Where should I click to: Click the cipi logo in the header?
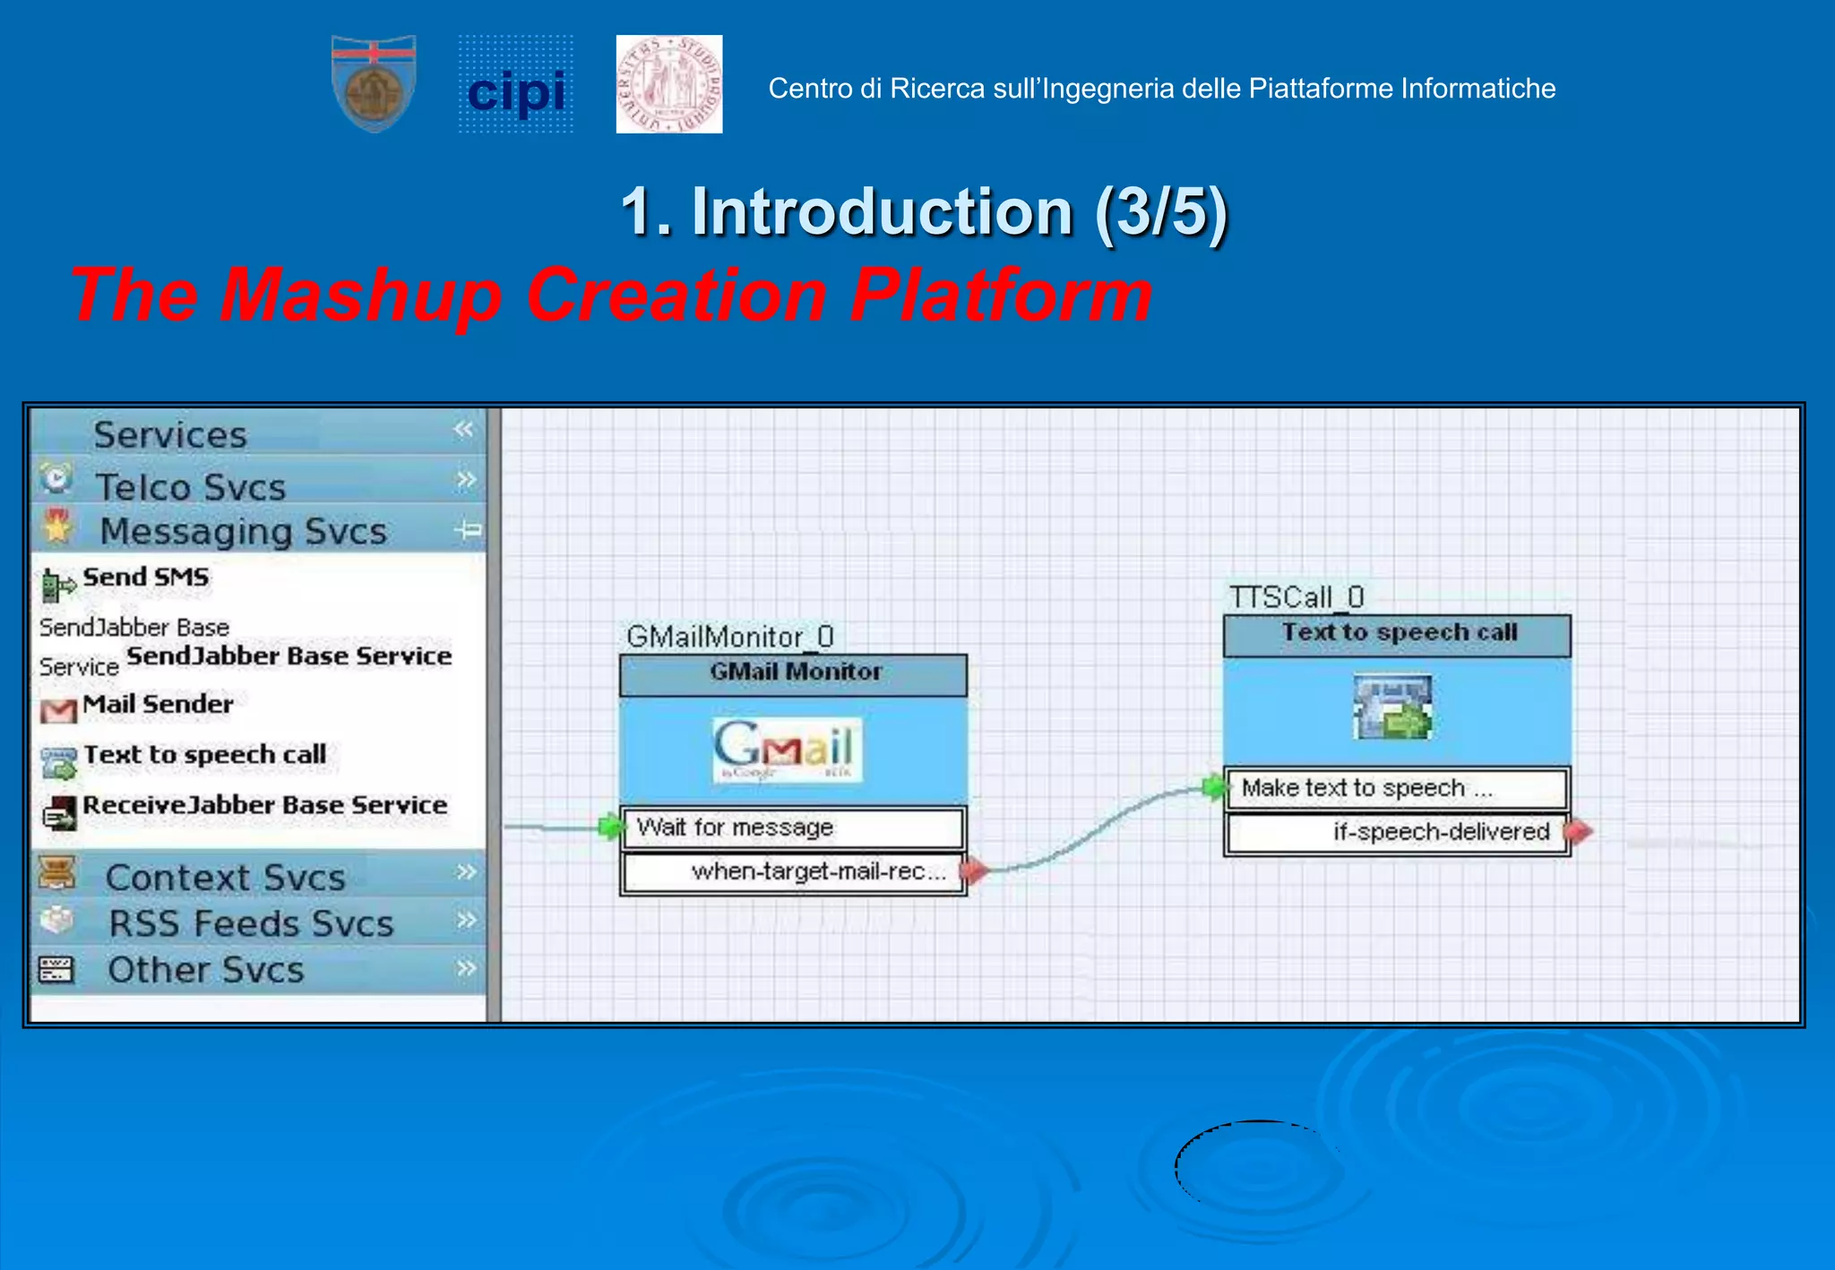coord(516,86)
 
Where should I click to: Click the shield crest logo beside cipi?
coord(374,84)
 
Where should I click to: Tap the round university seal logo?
coord(669,84)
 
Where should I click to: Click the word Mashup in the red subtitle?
coord(361,295)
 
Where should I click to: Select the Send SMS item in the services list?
coord(145,578)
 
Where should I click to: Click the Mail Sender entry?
coord(157,705)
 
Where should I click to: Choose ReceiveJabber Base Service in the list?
coord(264,805)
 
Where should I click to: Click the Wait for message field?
coord(793,828)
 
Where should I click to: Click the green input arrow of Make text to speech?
coord(1214,787)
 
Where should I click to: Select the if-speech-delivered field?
coord(1398,832)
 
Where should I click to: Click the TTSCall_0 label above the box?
coord(1297,597)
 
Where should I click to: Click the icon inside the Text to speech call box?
coord(1393,708)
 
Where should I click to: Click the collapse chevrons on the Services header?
coord(463,430)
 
